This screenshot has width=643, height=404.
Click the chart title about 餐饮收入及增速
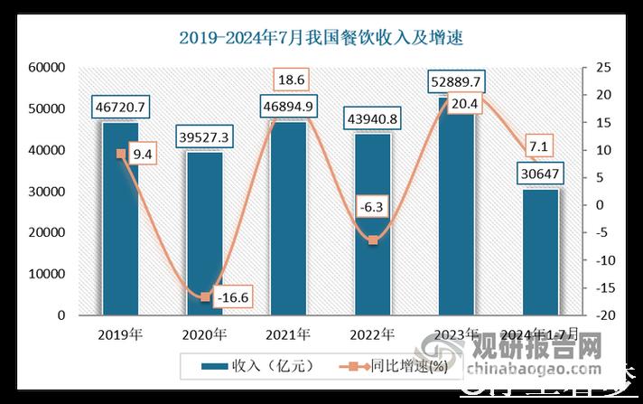(321, 37)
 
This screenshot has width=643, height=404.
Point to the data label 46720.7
(121, 108)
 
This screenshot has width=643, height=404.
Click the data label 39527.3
(204, 137)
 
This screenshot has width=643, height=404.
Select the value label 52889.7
(456, 82)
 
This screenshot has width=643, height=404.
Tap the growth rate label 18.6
(288, 80)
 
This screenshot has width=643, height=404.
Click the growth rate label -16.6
(234, 296)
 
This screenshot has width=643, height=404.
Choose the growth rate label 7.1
(540, 145)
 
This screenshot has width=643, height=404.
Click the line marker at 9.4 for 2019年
(120, 154)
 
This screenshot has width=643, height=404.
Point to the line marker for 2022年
(372, 240)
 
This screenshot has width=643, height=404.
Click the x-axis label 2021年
(288, 334)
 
